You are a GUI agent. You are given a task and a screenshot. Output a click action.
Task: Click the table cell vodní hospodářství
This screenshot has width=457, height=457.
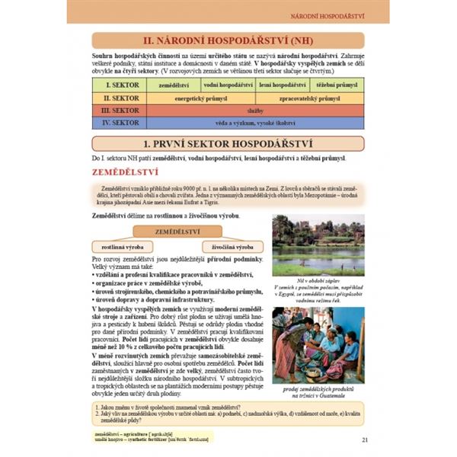click(x=228, y=86)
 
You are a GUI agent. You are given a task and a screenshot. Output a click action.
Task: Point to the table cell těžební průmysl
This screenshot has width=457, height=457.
click(x=337, y=86)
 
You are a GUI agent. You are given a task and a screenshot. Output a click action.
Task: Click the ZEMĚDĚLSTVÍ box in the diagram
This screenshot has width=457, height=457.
click(x=177, y=231)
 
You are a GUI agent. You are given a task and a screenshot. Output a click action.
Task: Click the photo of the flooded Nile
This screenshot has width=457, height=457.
click(x=318, y=244)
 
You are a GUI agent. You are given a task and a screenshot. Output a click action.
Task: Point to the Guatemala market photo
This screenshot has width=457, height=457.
click(x=318, y=342)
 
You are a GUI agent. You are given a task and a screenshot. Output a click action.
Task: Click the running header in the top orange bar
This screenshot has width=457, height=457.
click(x=328, y=15)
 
